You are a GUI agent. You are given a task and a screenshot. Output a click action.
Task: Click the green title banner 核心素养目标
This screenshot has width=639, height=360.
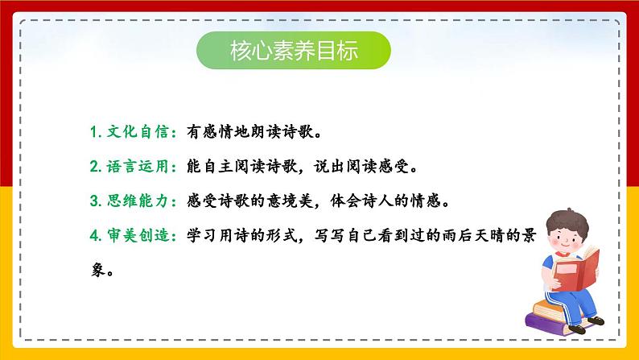point(294,50)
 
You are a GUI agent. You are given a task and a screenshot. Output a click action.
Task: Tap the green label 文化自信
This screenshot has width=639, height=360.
point(138,132)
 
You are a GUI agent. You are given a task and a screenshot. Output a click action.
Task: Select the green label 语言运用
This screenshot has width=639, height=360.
point(138,167)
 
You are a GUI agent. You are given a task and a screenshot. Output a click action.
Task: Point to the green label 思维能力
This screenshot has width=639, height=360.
point(138,201)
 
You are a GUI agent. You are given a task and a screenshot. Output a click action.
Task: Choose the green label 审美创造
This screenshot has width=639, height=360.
point(138,236)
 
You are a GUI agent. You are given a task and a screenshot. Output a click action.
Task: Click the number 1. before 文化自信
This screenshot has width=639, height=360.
point(96,132)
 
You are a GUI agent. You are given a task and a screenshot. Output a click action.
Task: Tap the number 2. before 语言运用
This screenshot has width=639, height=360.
point(96,167)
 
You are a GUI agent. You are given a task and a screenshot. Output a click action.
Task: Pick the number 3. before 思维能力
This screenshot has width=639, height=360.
point(96,201)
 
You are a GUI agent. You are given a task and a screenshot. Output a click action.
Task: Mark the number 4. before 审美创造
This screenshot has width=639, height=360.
point(96,236)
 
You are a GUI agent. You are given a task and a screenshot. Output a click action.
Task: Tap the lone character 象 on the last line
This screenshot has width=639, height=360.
point(98,270)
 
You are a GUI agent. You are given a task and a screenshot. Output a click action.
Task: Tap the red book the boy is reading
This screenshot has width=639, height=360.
point(577,270)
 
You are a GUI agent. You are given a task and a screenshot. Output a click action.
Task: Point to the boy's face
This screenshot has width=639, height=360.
point(567,238)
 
